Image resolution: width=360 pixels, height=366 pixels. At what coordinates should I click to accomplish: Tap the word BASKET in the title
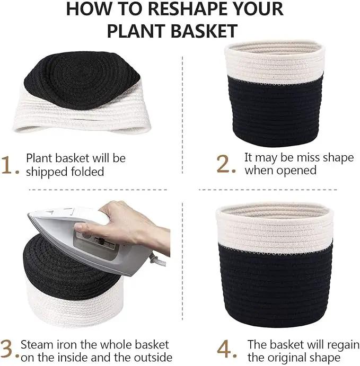204,31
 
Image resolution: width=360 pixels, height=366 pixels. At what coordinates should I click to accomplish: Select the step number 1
6,165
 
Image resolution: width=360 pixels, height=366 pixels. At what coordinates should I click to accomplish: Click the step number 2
224,164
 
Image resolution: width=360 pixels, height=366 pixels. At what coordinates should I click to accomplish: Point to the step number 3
6,349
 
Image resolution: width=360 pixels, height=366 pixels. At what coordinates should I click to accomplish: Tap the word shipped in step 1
47,172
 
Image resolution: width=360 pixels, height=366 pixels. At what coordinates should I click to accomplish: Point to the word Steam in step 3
37,344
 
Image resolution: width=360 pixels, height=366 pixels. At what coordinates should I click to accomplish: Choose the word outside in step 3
153,358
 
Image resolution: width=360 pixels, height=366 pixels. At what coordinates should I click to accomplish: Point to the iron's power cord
157,261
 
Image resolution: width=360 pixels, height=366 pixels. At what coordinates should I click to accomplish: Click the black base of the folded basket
82,79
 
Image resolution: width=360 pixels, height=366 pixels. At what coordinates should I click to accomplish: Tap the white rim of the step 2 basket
275,62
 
